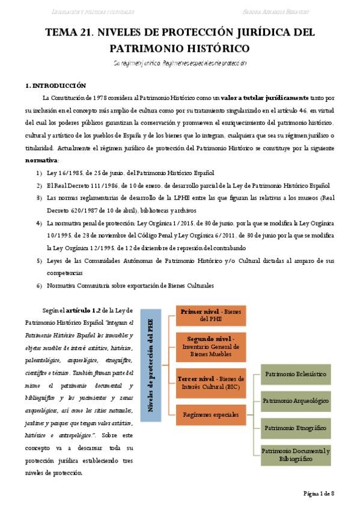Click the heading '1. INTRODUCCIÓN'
(x=56, y=86)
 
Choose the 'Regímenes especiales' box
(x=211, y=414)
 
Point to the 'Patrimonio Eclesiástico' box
(x=296, y=373)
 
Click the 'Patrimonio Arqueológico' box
(x=296, y=400)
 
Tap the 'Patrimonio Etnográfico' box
(x=296, y=427)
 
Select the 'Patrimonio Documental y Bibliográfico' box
(x=296, y=454)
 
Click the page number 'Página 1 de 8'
(x=318, y=493)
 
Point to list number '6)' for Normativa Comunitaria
(x=39, y=285)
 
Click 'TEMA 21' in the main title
(x=67, y=32)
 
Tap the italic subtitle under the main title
(x=180, y=63)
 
